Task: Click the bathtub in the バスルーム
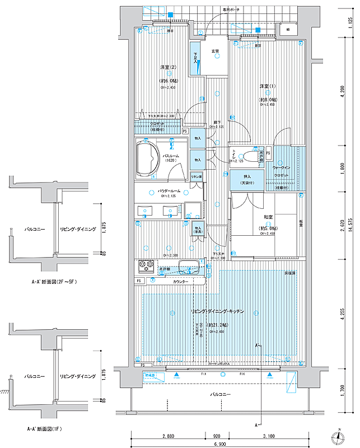(x=148, y=158)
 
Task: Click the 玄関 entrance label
(x=215, y=52)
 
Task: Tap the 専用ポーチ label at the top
(x=230, y=10)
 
